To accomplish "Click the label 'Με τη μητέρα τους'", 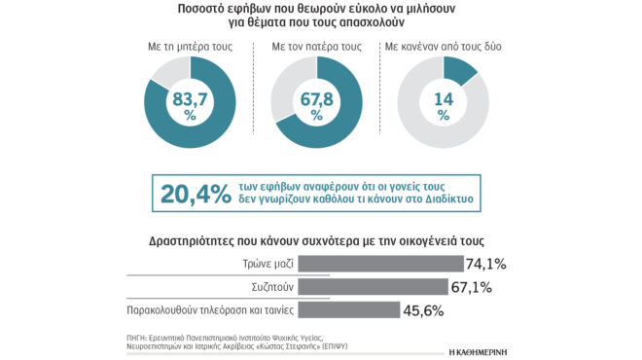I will (x=190, y=46).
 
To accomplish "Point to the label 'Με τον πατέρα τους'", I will (x=316, y=46).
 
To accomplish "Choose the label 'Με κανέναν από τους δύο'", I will (x=444, y=46).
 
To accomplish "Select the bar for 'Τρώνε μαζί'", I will (x=380, y=264).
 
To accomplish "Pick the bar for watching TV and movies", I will (x=348, y=309).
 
